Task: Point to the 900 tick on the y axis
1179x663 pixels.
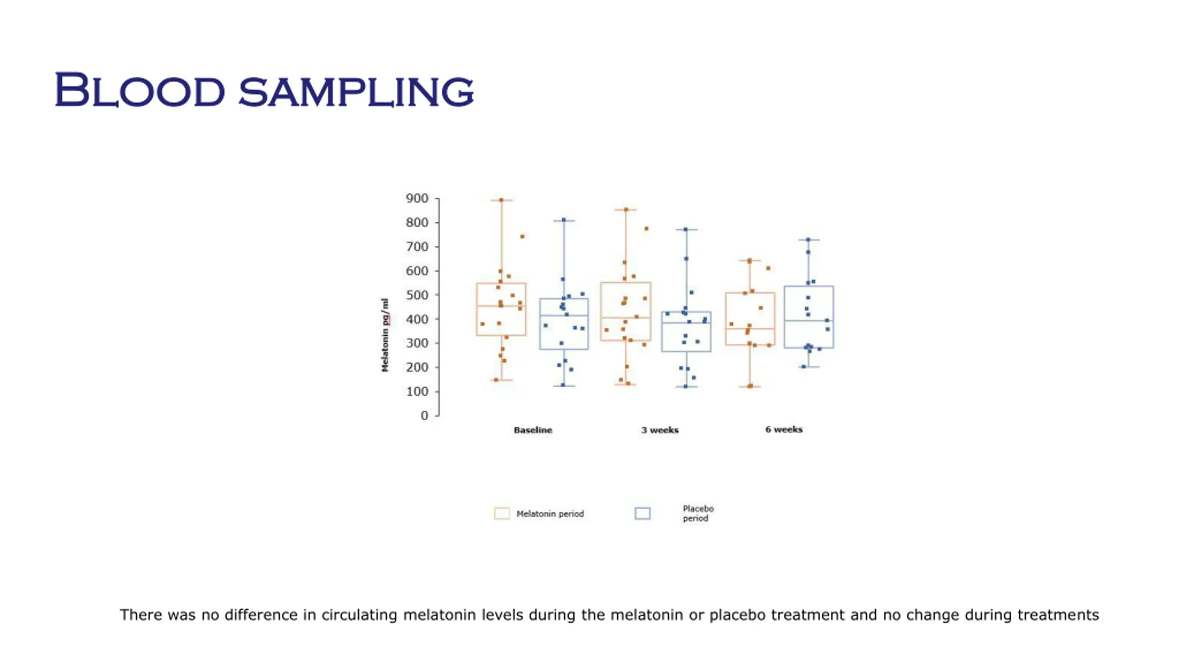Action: [417, 198]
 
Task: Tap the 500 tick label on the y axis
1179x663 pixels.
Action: [417, 295]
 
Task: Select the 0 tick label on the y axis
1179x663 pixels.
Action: [424, 416]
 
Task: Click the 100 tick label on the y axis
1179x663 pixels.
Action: [417, 392]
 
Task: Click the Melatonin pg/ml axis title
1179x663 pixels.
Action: [385, 335]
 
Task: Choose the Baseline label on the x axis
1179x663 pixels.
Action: [533, 430]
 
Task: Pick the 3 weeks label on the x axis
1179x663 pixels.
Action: [660, 430]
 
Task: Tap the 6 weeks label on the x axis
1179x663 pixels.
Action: [784, 430]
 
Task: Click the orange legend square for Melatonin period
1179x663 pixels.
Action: [502, 513]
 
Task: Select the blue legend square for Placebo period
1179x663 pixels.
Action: [642, 513]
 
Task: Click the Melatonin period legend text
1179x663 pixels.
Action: [550, 514]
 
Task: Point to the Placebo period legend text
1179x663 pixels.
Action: [698, 513]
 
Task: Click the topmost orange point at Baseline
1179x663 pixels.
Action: [502, 200]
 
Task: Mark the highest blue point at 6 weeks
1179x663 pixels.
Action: [808, 240]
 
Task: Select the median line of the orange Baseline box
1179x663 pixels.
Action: [501, 306]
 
